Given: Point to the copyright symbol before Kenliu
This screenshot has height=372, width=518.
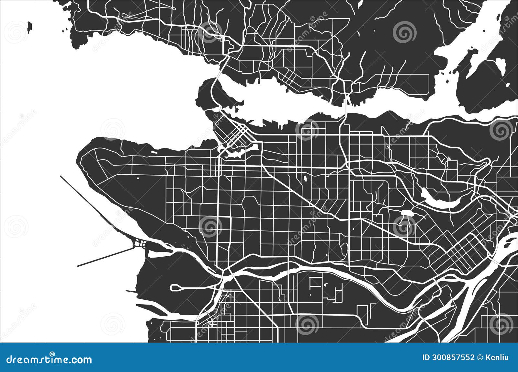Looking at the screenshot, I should coord(480,357).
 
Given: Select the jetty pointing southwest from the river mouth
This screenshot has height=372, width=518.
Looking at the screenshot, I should coord(104,258).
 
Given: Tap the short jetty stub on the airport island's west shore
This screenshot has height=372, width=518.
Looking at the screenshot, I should coord(131,291).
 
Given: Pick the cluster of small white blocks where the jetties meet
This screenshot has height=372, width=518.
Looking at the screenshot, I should coord(140,242).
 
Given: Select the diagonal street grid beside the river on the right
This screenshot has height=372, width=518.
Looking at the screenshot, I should coord(466,250).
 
